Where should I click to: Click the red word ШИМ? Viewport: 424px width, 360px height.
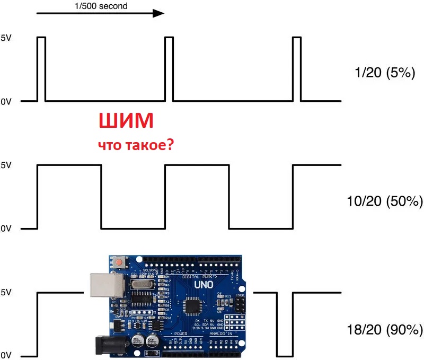click(126, 121)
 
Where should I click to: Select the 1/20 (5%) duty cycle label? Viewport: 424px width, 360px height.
click(385, 73)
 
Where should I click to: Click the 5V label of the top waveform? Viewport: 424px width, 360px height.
click(6, 38)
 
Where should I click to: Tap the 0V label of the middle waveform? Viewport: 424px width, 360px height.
click(6, 229)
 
